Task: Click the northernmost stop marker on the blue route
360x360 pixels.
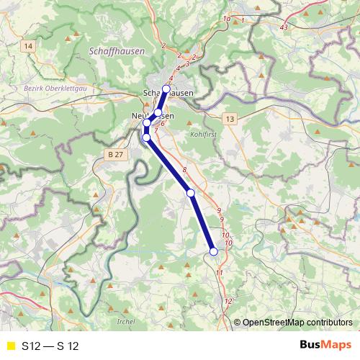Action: pyautogui.click(x=166, y=89)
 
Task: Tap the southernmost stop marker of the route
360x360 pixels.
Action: pyautogui.click(x=213, y=251)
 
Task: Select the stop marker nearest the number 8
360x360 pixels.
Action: pyautogui.click(x=191, y=193)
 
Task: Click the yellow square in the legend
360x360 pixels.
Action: pyautogui.click(x=10, y=346)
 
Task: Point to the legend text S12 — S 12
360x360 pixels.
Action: pyautogui.click(x=50, y=346)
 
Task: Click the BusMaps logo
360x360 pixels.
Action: pyautogui.click(x=325, y=345)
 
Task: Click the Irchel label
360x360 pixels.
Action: pyautogui.click(x=125, y=321)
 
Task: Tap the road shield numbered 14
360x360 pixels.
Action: pyautogui.click(x=29, y=46)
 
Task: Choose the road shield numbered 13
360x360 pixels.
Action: pyautogui.click(x=229, y=118)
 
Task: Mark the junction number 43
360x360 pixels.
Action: pyautogui.click(x=284, y=27)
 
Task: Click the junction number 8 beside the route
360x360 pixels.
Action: pyautogui.click(x=184, y=170)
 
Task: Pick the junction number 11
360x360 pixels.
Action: pyautogui.click(x=220, y=273)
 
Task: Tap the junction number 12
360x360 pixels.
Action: pyautogui.click(x=228, y=302)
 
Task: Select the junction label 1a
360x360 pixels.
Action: pyautogui.click(x=227, y=17)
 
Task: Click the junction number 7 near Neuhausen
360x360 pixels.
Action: pyautogui.click(x=156, y=130)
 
